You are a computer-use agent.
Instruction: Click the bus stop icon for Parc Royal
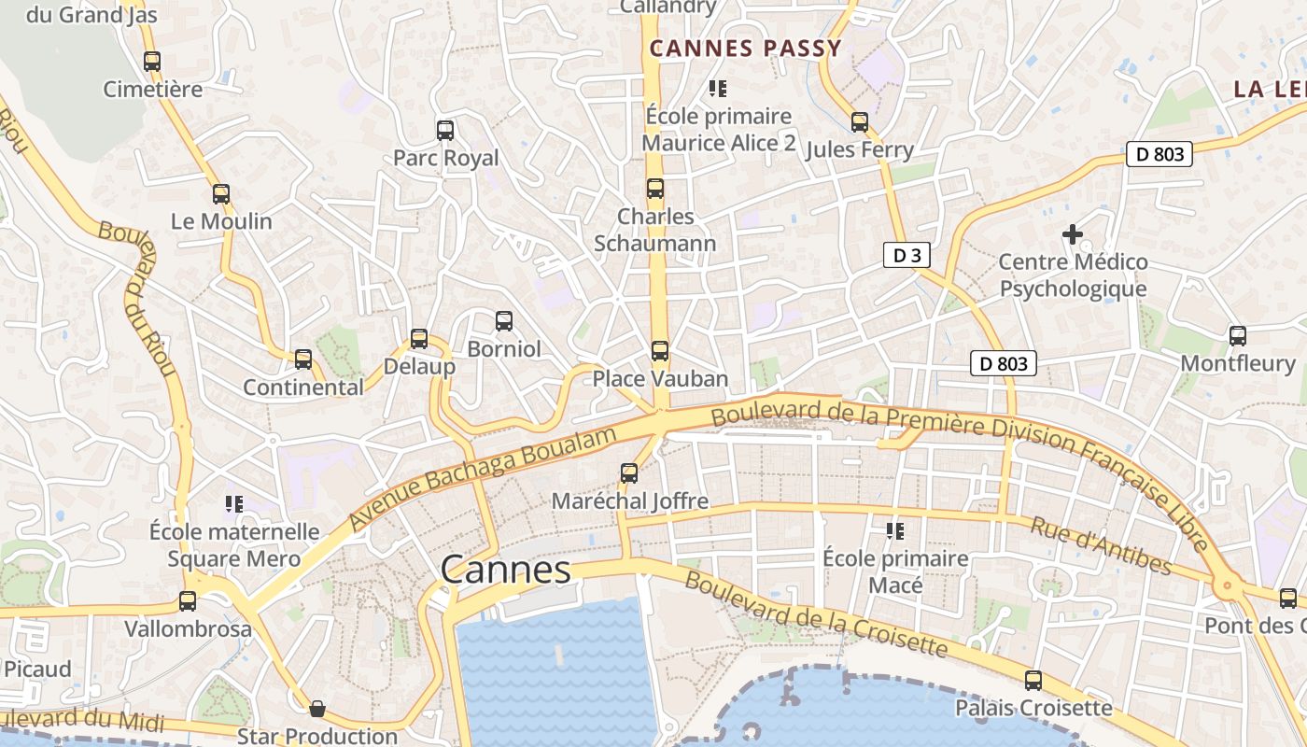pyautogui.click(x=445, y=131)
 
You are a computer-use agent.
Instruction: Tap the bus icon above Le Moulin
pyautogui.click(x=221, y=194)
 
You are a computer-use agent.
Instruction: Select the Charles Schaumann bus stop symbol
pyautogui.click(x=655, y=189)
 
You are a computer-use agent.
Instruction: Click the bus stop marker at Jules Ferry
pyautogui.click(x=860, y=122)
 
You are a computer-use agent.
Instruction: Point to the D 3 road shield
pyautogui.click(x=906, y=255)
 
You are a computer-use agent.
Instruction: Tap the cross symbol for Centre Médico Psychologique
pyautogui.click(x=1073, y=234)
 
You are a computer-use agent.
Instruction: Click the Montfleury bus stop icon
pyautogui.click(x=1238, y=336)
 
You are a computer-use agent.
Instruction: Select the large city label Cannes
pyautogui.click(x=505, y=570)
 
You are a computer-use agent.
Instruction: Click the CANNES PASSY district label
pyautogui.click(x=745, y=49)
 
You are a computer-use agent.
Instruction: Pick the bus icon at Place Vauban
pyautogui.click(x=660, y=351)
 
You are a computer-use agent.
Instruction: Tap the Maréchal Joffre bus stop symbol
pyautogui.click(x=629, y=473)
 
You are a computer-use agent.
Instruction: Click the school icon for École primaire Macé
pyautogui.click(x=895, y=531)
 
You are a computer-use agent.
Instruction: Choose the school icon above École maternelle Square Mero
pyautogui.click(x=234, y=504)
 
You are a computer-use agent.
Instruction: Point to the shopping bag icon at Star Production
pyautogui.click(x=317, y=709)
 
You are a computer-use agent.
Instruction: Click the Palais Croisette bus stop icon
pyautogui.click(x=1033, y=681)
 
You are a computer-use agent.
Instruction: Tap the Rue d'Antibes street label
pyautogui.click(x=1101, y=545)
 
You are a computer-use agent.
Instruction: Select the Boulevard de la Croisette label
pyautogui.click(x=816, y=614)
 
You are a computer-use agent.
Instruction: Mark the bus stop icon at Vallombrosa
pyautogui.click(x=188, y=601)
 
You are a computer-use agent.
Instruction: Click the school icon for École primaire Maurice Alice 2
pyautogui.click(x=718, y=89)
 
